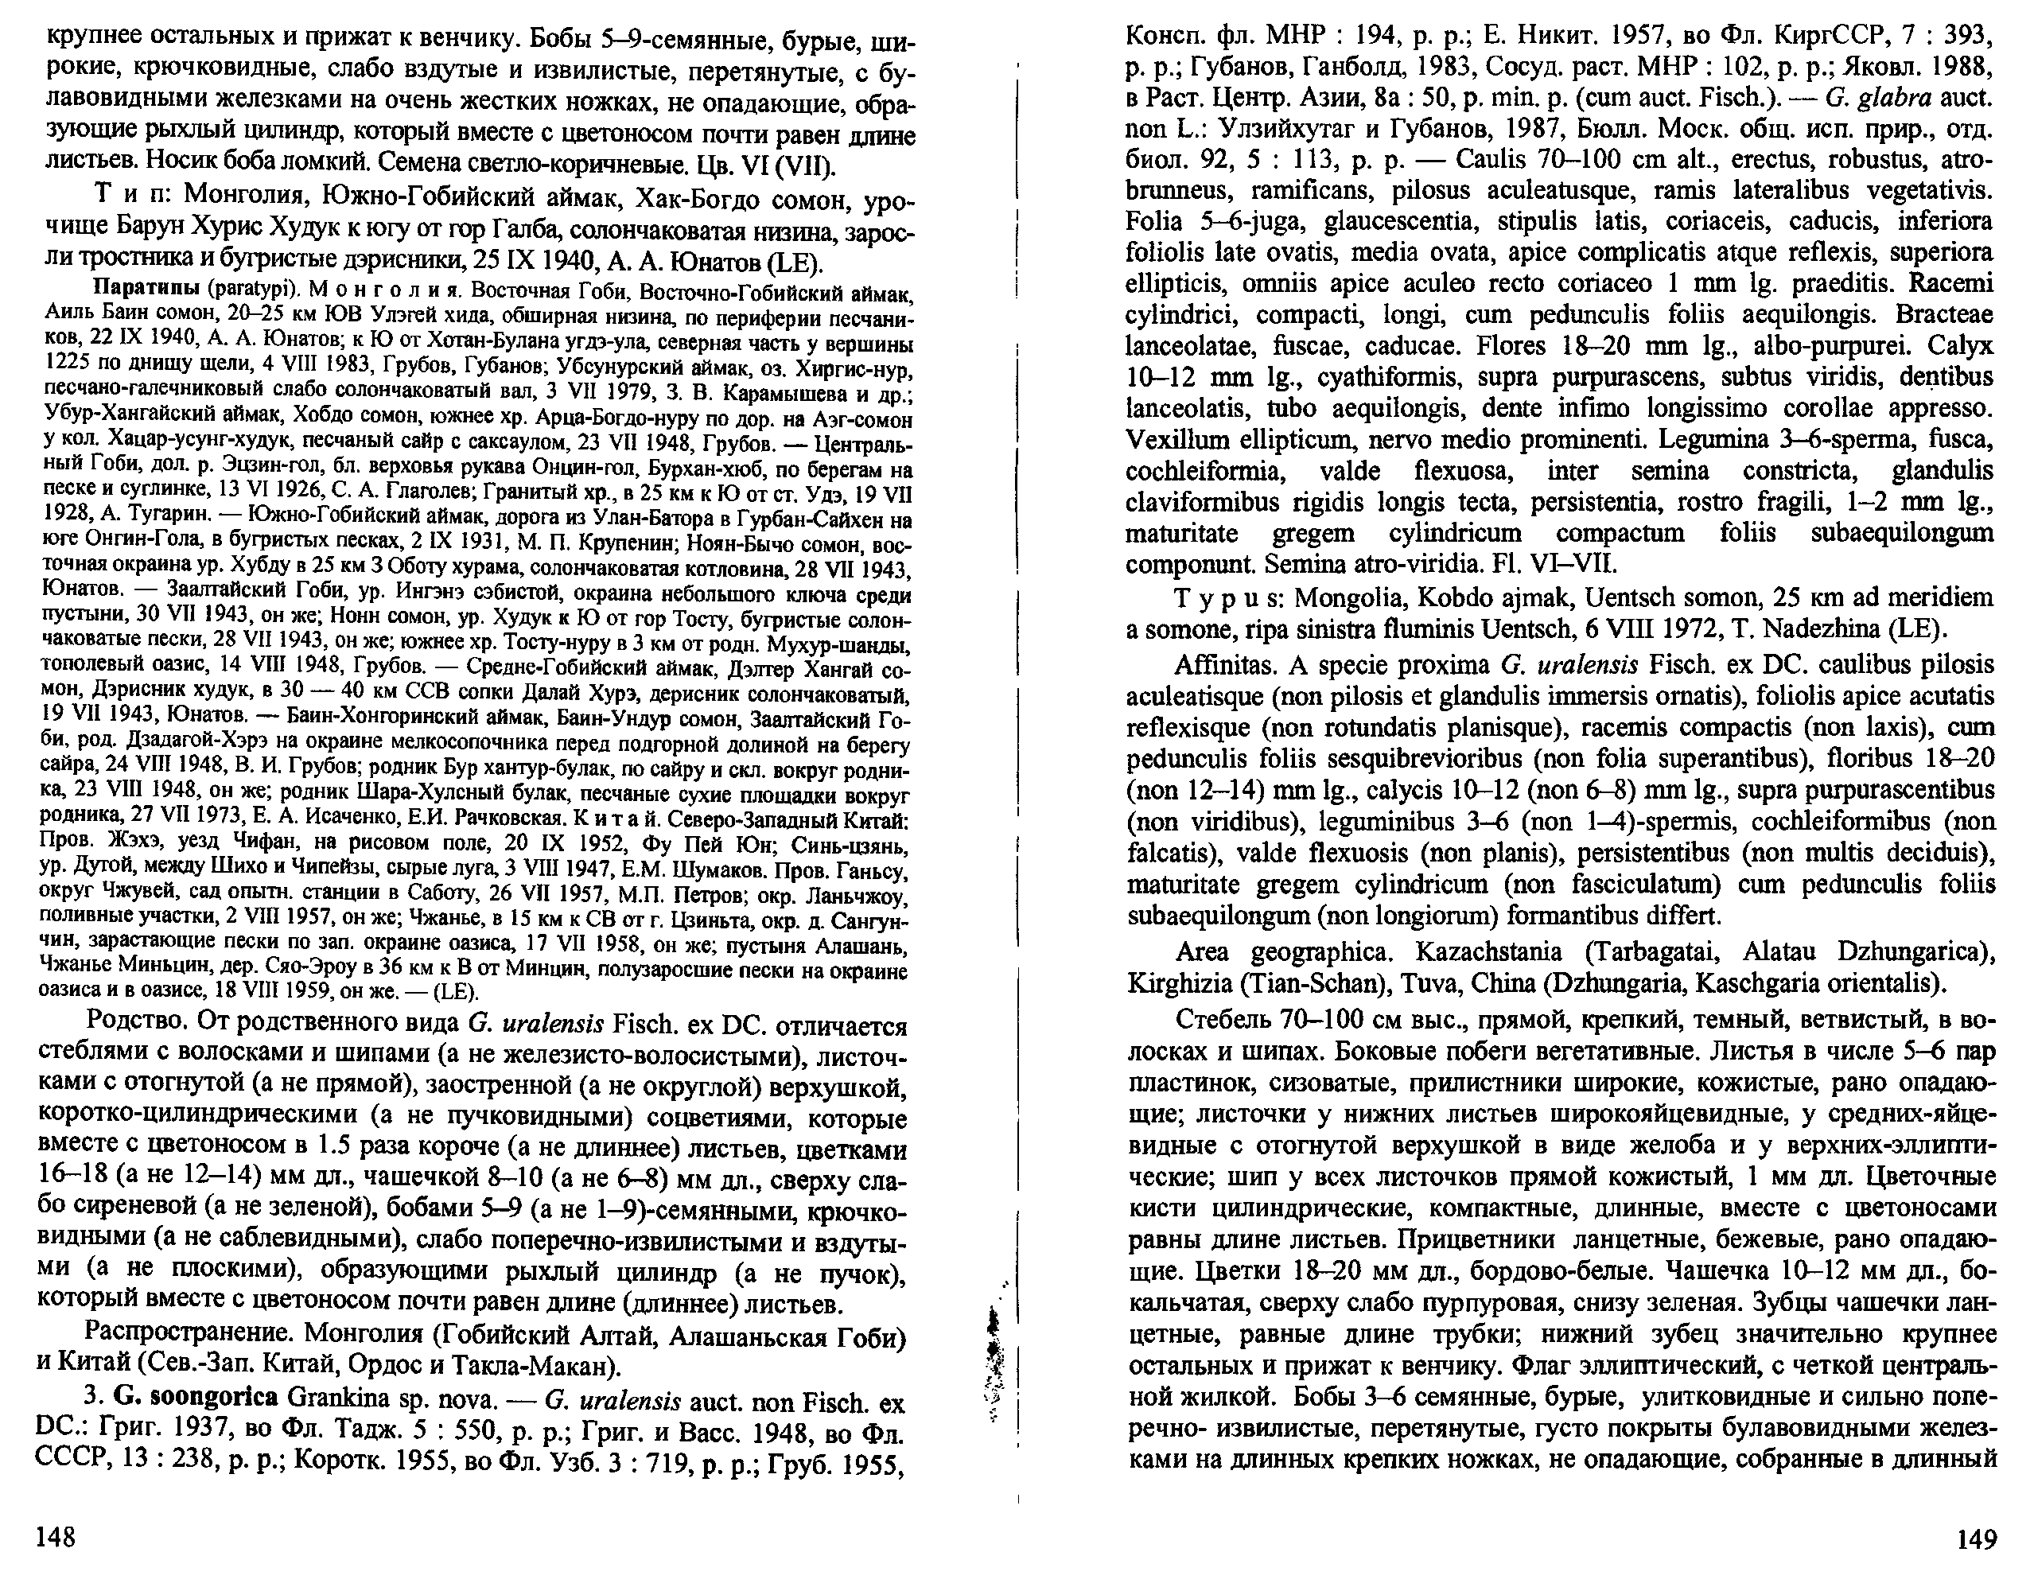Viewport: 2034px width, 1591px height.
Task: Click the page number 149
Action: (x=1975, y=1538)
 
